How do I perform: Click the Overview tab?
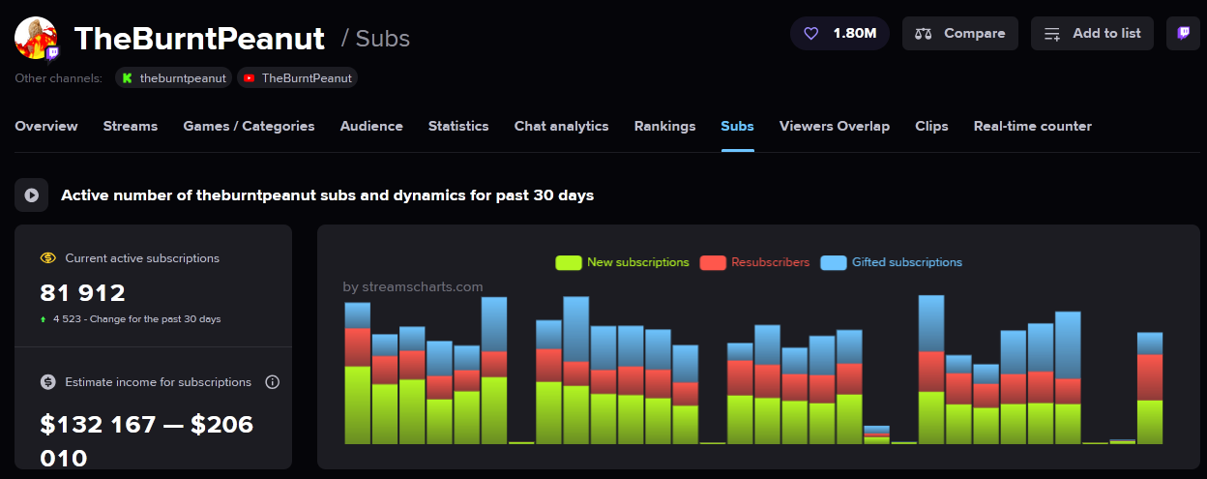coord(46,126)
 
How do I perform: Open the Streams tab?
coord(131,126)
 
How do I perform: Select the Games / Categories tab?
coord(249,126)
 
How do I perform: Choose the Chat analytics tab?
coord(561,126)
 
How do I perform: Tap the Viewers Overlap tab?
coord(834,126)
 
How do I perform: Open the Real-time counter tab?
coord(1032,126)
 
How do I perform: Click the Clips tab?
coord(931,126)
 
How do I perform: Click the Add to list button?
coord(1092,33)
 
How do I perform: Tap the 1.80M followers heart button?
coord(839,33)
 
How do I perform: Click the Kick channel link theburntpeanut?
coord(173,77)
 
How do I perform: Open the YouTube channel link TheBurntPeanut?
coord(297,77)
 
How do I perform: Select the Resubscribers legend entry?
coord(754,262)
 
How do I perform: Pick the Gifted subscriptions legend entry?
coord(891,262)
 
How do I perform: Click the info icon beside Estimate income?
coord(272,382)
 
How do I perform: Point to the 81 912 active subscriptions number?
coord(83,292)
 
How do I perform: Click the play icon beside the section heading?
coord(31,195)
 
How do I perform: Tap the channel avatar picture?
coord(36,38)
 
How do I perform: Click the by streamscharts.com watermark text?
coord(413,286)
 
